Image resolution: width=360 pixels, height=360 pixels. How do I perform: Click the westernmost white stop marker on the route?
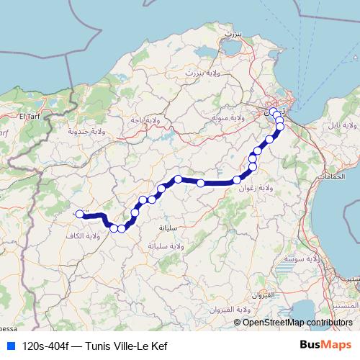point(79,213)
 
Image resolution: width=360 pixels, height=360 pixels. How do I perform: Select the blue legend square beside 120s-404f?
point(10,346)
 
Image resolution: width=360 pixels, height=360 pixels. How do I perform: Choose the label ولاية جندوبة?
point(86,131)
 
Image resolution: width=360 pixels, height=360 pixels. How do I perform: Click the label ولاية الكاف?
point(91,236)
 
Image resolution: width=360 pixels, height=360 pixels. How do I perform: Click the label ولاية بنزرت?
point(201,73)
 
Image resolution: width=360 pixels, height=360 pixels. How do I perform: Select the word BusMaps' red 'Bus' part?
point(311,346)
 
